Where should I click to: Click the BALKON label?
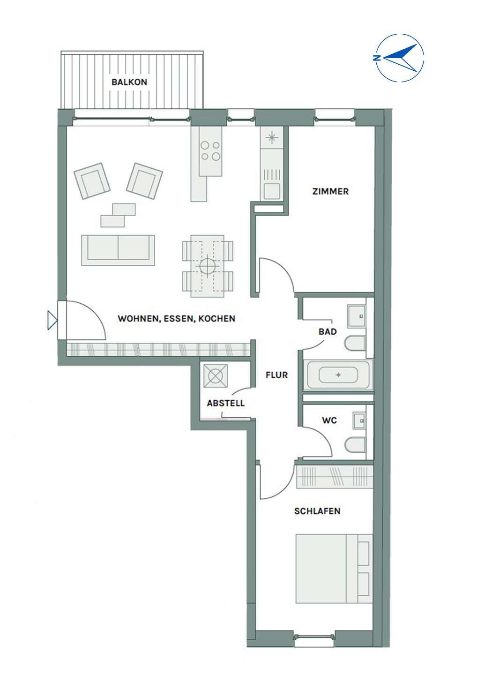click(x=129, y=82)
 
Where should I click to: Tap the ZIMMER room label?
click(x=330, y=191)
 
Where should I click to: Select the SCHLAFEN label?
click(x=317, y=511)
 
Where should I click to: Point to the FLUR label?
click(x=276, y=375)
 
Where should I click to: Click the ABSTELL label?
click(x=225, y=403)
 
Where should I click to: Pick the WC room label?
click(x=329, y=420)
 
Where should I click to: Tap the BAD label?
click(x=328, y=332)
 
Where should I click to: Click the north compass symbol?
click(x=399, y=58)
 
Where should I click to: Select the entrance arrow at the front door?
click(x=52, y=320)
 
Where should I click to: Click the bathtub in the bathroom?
click(x=338, y=375)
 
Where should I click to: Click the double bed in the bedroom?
click(x=334, y=569)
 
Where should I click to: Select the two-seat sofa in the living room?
click(x=118, y=250)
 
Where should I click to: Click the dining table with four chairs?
click(x=208, y=266)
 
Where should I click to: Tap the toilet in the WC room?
click(x=355, y=445)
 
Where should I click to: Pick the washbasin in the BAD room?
click(x=357, y=316)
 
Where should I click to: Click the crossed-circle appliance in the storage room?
click(x=216, y=376)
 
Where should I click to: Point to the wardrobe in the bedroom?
click(x=335, y=477)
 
